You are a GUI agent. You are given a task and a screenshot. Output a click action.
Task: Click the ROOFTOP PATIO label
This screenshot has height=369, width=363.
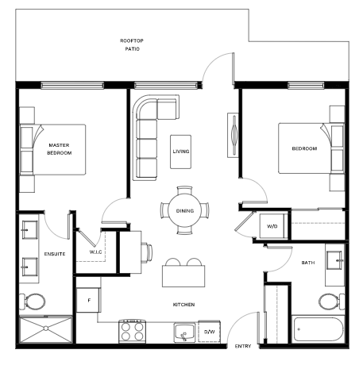point(132,44)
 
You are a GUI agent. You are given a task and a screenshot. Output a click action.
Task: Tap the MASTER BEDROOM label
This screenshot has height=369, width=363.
point(60,149)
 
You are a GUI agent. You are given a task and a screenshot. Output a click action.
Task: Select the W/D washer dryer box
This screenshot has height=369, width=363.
point(272,226)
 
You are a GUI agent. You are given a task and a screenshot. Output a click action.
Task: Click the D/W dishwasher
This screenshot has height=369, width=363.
point(209,332)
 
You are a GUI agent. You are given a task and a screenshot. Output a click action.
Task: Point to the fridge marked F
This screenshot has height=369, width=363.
point(88,300)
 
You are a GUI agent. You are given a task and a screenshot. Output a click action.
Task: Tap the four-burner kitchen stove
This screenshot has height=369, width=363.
point(132,332)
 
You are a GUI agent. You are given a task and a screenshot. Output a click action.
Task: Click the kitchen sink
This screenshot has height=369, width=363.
point(184,332)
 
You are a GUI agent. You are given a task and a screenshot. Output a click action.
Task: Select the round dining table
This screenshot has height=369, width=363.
point(185,211)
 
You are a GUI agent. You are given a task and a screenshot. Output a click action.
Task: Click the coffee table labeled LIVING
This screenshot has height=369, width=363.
point(181,152)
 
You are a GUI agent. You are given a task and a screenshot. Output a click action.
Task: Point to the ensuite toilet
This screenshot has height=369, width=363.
point(33,302)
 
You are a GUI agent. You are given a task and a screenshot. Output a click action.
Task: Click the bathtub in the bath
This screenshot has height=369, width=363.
point(319,329)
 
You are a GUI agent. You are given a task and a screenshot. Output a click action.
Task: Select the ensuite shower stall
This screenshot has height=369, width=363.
point(46,329)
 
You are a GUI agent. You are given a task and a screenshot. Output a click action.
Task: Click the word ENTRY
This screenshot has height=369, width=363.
point(243,346)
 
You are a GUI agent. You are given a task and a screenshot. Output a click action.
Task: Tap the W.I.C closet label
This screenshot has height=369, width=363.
point(95,252)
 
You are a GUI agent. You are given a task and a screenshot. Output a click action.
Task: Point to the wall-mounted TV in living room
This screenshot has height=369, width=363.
point(234,135)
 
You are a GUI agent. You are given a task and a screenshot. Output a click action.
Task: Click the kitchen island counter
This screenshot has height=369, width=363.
point(183,276)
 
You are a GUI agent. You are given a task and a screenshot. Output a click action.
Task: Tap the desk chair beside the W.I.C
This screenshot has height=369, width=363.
point(147,252)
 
